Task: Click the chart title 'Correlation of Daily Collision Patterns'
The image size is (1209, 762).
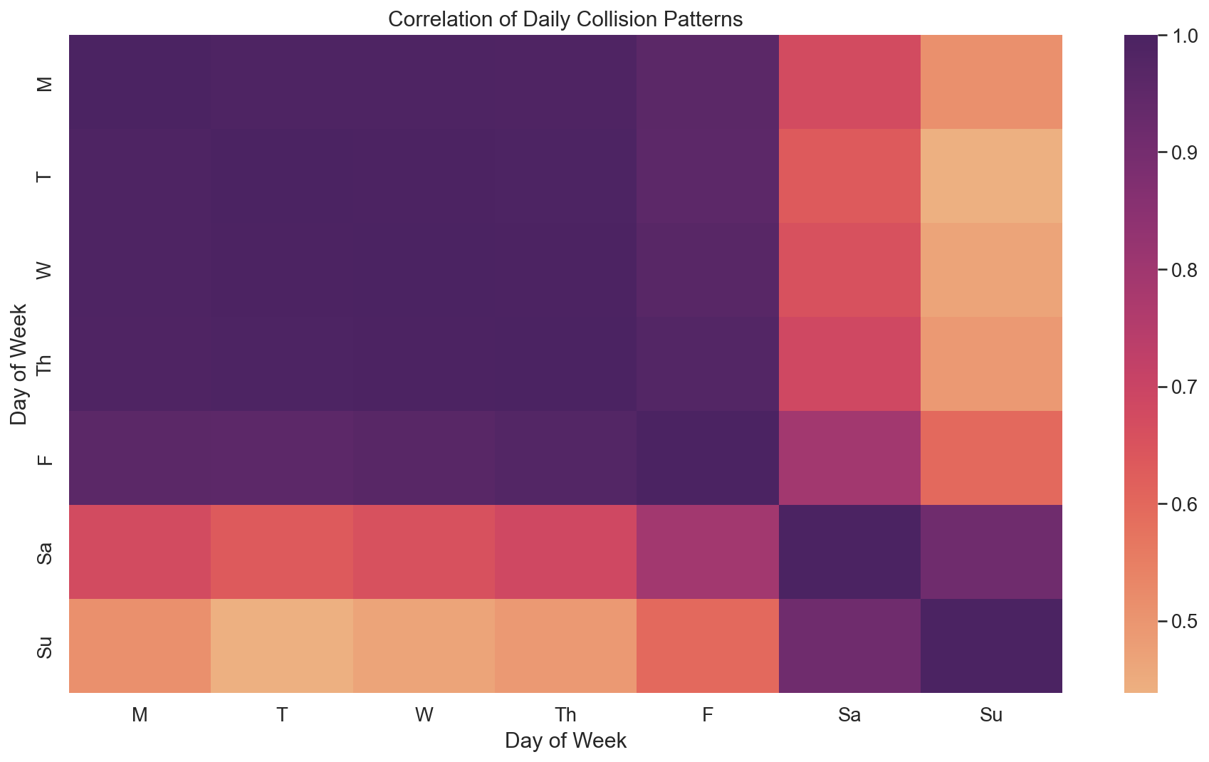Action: click(565, 19)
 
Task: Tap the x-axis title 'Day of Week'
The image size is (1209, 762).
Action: click(565, 741)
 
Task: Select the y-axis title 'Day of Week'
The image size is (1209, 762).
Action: click(19, 364)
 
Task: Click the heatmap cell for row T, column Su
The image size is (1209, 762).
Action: click(991, 176)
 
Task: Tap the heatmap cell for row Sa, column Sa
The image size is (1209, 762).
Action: click(849, 552)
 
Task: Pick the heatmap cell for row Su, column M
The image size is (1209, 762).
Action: click(140, 646)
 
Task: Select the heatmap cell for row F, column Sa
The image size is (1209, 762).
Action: click(849, 458)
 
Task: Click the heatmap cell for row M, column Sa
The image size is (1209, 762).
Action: click(849, 82)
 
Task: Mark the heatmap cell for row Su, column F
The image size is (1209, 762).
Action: click(707, 646)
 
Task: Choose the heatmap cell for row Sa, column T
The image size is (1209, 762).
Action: click(282, 552)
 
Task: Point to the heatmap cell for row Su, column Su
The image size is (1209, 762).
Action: click(991, 646)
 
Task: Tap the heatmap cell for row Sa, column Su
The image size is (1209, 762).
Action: click(991, 552)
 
